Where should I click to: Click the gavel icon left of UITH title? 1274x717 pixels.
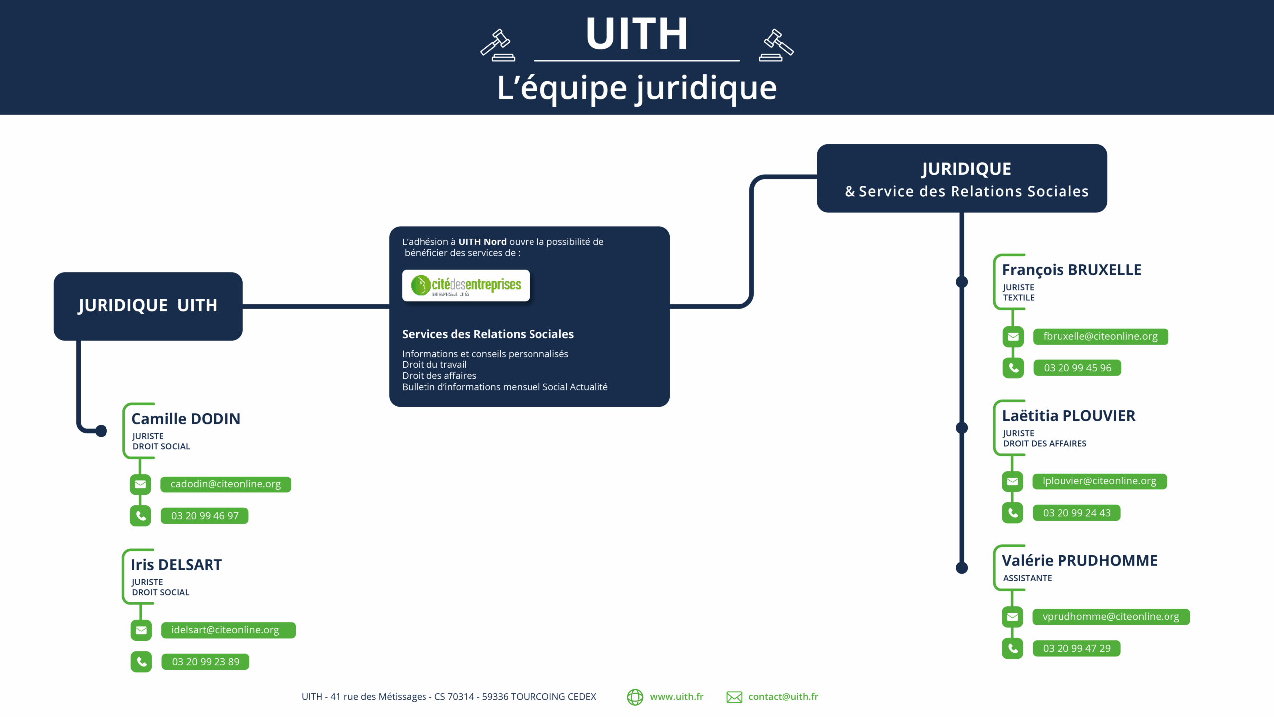click(x=497, y=45)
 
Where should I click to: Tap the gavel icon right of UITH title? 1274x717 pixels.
click(x=776, y=45)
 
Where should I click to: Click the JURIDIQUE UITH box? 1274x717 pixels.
click(x=148, y=306)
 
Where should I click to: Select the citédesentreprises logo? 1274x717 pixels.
click(x=466, y=285)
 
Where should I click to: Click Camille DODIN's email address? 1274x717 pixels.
click(x=225, y=484)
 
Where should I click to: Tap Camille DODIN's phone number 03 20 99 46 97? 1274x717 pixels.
click(x=205, y=516)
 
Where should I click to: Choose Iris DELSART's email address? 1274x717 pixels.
click(x=225, y=630)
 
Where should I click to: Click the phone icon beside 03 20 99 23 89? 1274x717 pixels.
click(x=141, y=662)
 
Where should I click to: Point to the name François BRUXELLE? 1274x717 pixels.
click(x=1071, y=270)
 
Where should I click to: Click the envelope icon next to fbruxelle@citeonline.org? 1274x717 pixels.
click(x=1013, y=337)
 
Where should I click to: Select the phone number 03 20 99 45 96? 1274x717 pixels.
click(x=1077, y=368)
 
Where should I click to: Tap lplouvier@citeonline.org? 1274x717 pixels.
click(x=1099, y=481)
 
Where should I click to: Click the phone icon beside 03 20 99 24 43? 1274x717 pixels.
click(x=1012, y=513)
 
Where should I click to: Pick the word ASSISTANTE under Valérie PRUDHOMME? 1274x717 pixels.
click(x=1027, y=578)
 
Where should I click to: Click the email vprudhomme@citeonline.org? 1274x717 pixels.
click(x=1110, y=617)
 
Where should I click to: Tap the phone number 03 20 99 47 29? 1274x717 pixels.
click(x=1076, y=648)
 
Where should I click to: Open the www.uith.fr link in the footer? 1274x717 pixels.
click(x=676, y=697)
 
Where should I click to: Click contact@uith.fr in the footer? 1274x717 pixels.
click(x=783, y=697)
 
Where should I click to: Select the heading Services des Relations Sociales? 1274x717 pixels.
click(x=488, y=334)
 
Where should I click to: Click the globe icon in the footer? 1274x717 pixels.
click(x=635, y=697)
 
